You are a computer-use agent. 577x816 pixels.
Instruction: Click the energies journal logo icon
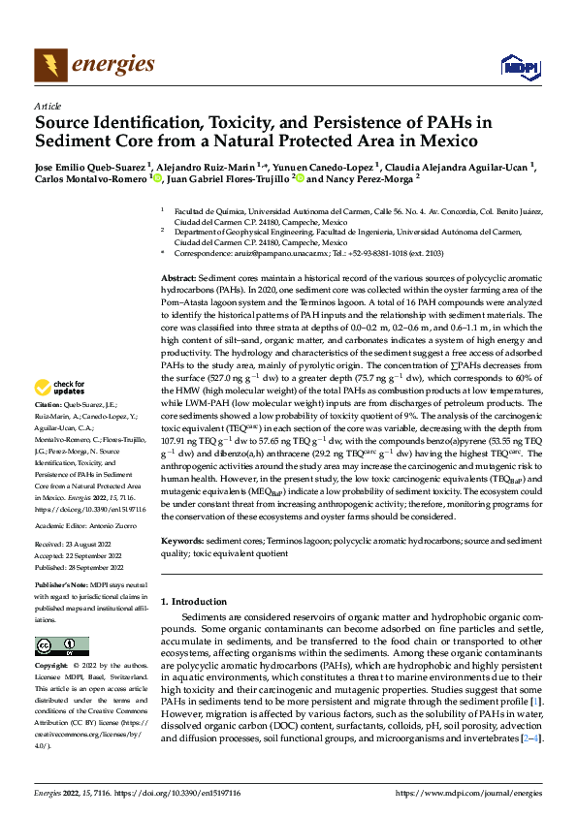click(x=48, y=65)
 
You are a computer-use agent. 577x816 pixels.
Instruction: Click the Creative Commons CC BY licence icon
click(x=61, y=646)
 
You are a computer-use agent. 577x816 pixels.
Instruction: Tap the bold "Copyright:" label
click(x=51, y=667)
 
